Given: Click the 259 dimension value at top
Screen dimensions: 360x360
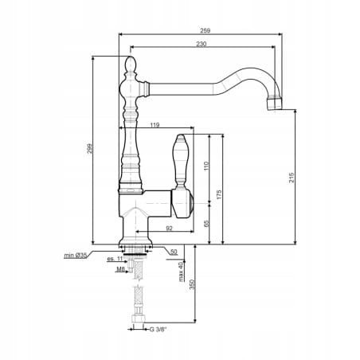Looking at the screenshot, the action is pos(205,30).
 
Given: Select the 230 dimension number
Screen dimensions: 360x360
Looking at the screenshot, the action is pos(202,44).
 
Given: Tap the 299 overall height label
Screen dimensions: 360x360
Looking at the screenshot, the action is pos(90,148).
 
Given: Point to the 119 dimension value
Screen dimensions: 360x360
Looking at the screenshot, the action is pos(155,124).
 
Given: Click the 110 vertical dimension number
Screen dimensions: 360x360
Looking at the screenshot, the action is pos(207,166).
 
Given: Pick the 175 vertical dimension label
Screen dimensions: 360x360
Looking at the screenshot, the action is pos(219,194).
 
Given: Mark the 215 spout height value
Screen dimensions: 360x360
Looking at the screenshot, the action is pos(292,178).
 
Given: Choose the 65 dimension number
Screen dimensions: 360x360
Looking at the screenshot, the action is pos(207,223).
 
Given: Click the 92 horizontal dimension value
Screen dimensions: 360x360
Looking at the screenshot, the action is pos(169,228).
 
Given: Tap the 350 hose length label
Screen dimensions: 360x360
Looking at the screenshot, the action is pos(193,284).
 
